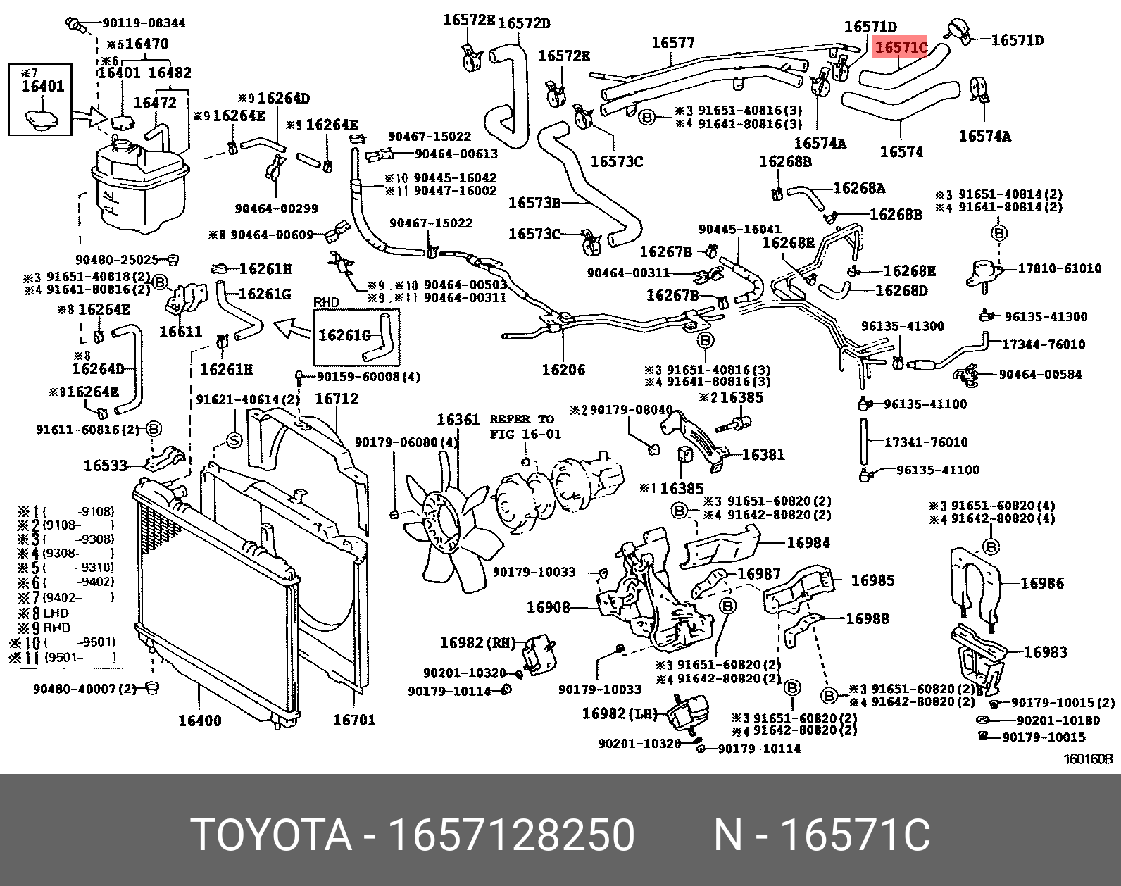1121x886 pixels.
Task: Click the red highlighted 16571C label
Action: [901, 48]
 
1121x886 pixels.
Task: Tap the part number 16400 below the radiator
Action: [199, 720]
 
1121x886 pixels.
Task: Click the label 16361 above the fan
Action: [458, 420]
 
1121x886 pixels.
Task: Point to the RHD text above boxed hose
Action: [326, 302]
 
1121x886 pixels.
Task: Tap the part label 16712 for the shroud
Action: [336, 399]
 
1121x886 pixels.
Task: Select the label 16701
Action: [353, 720]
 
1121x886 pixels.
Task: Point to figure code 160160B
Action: [1088, 759]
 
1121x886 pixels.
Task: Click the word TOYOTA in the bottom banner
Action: [271, 835]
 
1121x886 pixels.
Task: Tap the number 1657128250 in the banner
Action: [512, 835]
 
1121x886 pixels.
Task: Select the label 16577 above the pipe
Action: [672, 43]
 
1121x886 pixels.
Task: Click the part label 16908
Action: [549, 607]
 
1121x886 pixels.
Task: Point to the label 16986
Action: [1042, 583]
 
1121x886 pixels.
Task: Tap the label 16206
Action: [563, 370]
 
